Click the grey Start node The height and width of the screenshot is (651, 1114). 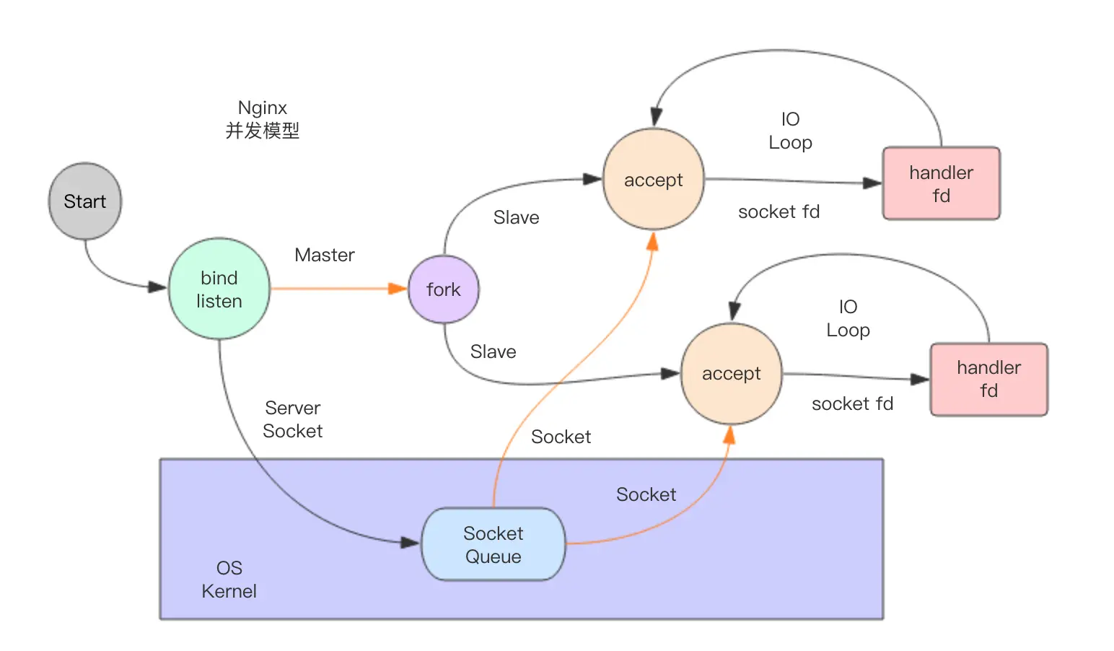pyautogui.click(x=85, y=201)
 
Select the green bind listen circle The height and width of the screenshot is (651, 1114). pyautogui.click(x=219, y=289)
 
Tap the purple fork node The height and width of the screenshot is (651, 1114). pyautogui.click(x=444, y=289)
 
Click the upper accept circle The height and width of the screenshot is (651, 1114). pyautogui.click(x=654, y=180)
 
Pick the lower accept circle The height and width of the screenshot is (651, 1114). pyautogui.click(x=732, y=374)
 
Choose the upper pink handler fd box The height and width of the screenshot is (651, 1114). pyautogui.click(x=942, y=183)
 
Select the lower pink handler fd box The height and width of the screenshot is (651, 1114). pyautogui.click(x=989, y=379)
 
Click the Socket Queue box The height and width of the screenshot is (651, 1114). pyautogui.click(x=494, y=544)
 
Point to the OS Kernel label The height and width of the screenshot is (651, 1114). pyautogui.click(x=229, y=580)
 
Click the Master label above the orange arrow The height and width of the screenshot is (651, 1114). pyautogui.click(x=325, y=255)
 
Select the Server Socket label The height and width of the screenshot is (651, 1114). pyautogui.click(x=293, y=419)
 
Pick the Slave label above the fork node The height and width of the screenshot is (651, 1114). pyautogui.click(x=517, y=217)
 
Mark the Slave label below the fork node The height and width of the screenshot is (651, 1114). pyautogui.click(x=494, y=351)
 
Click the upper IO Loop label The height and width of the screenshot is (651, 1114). pyautogui.click(x=791, y=131)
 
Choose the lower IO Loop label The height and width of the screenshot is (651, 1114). pyautogui.click(x=848, y=318)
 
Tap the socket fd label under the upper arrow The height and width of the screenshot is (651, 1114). pyautogui.click(x=779, y=211)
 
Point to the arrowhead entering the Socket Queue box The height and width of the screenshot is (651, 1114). pyautogui.click(x=411, y=542)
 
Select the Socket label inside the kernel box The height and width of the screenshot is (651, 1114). pyautogui.click(x=646, y=494)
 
